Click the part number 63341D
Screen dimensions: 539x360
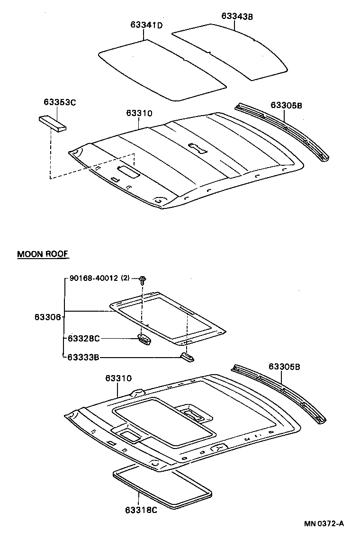146,25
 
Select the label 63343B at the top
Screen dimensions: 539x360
237,16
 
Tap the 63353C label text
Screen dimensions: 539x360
59,102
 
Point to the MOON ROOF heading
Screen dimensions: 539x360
43,254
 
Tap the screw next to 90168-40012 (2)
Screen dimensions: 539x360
142,279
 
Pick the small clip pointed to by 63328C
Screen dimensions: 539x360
144,339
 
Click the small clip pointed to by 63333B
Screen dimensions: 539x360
188,357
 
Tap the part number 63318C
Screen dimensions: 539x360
141,511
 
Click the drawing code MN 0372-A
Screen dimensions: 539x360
324,524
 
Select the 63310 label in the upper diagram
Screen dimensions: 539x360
139,113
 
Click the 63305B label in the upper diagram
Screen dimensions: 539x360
286,105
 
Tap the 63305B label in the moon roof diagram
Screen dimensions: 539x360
284,366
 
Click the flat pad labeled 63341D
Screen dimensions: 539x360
161,71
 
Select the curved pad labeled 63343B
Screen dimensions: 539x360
232,50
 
